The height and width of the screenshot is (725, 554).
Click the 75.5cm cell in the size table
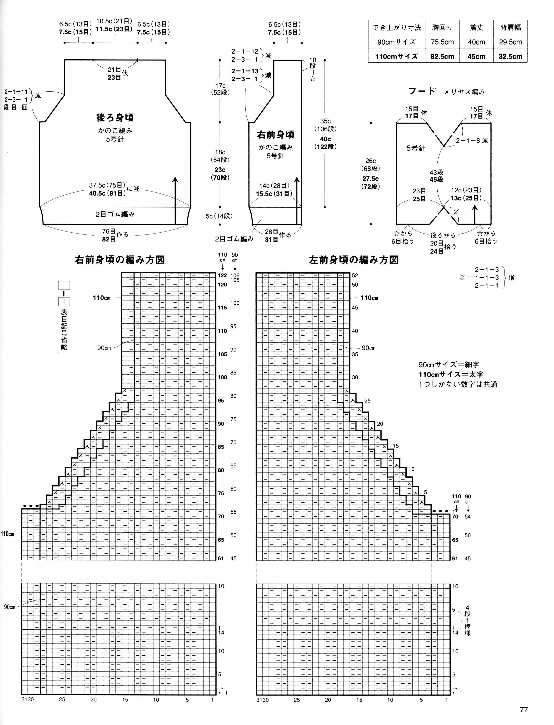pyautogui.click(x=442, y=42)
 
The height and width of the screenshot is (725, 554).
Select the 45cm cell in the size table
pyautogui.click(x=476, y=56)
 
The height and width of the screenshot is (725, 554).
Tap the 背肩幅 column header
pyautogui.click(x=510, y=27)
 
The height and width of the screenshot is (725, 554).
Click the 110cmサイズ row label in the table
pyautogui.click(x=396, y=56)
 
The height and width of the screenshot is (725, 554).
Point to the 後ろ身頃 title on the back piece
pyautogui.click(x=115, y=117)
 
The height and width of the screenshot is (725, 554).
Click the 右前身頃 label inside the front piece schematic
pyautogui.click(x=276, y=135)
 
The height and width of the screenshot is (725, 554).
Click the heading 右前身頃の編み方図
pyautogui.click(x=120, y=260)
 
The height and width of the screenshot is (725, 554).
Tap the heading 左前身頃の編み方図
pyautogui.click(x=354, y=260)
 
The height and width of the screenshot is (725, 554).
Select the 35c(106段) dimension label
pyautogui.click(x=325, y=125)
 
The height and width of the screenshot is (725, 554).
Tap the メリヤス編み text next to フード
pyautogui.click(x=464, y=92)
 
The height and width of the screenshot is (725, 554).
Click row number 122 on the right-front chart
pyautogui.click(x=222, y=275)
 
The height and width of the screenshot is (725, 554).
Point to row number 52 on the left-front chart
pyautogui.click(x=355, y=275)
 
